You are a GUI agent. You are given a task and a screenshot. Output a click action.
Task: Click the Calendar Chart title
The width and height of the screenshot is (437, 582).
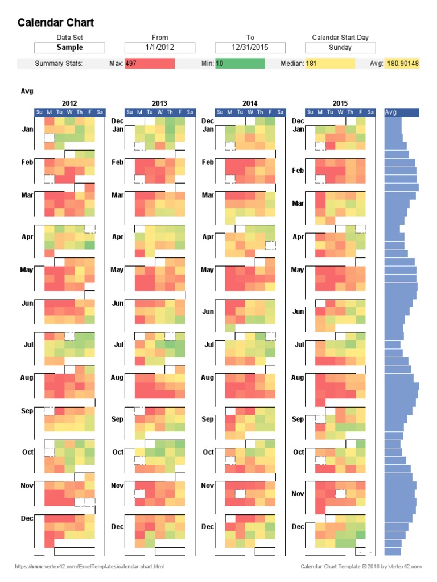[x=56, y=23]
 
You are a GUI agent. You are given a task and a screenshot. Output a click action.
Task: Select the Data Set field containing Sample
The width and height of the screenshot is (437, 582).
[x=69, y=48]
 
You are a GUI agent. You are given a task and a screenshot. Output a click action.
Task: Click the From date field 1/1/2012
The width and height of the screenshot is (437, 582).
[x=160, y=48]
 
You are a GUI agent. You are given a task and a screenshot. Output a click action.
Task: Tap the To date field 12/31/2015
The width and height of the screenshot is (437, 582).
[x=250, y=48]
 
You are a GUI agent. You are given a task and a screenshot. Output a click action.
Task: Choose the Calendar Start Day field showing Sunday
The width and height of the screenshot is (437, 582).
[x=340, y=48]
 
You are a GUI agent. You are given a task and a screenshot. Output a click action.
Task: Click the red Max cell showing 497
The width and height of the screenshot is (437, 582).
[x=150, y=64]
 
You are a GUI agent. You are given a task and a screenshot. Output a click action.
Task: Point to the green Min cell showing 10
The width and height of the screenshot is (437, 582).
[x=240, y=64]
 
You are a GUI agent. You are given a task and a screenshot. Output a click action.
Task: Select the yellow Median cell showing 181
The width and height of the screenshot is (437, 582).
[x=330, y=64]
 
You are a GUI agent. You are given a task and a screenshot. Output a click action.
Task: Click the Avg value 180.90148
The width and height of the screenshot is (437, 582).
[x=402, y=64]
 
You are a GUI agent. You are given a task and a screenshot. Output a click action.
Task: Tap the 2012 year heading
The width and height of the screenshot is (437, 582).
[x=69, y=103]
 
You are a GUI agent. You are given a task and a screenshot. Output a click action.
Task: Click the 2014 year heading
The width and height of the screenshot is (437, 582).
[x=250, y=103]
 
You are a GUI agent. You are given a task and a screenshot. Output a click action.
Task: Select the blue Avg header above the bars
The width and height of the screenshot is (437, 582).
[x=402, y=113]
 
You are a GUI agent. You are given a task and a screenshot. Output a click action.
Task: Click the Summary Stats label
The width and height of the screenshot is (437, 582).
[x=59, y=64]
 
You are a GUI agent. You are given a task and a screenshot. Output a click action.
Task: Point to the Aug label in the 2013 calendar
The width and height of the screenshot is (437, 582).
[x=117, y=377]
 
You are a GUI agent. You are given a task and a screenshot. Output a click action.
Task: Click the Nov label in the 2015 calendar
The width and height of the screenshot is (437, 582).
[x=298, y=494]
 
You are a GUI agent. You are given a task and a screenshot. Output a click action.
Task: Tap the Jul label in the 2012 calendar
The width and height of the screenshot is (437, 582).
[x=28, y=344]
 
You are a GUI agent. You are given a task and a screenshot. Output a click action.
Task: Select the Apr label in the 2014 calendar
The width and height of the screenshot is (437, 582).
[x=208, y=237]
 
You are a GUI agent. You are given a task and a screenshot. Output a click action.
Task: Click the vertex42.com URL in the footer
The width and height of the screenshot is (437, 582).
[x=89, y=567]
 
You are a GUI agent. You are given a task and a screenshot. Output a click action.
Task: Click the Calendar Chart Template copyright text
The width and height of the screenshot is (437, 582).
[x=361, y=567]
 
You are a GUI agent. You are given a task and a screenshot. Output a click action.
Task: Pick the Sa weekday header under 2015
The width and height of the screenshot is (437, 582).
[x=370, y=113]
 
